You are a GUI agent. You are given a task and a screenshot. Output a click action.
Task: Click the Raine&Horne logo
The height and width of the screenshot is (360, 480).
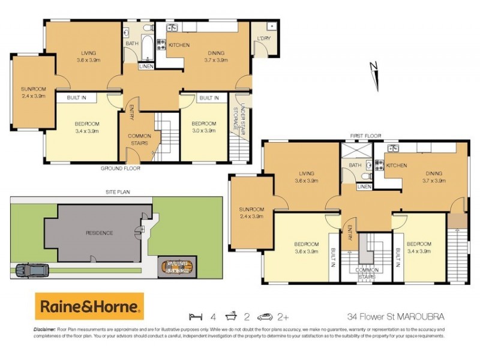[x=89, y=307]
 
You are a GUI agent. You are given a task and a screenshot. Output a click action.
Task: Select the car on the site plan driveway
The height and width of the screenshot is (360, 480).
[x=31, y=271]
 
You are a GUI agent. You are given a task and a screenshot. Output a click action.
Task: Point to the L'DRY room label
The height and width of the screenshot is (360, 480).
[x=263, y=39]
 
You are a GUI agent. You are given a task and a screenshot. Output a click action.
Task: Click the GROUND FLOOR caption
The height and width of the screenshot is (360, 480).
[x=120, y=169]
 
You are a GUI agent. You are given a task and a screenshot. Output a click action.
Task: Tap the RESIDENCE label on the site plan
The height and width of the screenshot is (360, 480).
[x=99, y=233]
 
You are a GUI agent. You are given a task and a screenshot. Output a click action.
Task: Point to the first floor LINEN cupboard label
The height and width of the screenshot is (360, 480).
[x=364, y=187]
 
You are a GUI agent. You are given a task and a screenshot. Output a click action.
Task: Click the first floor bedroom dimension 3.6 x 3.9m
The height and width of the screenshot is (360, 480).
[x=305, y=251]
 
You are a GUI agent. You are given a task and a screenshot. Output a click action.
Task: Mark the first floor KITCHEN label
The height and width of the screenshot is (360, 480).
[x=397, y=166]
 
